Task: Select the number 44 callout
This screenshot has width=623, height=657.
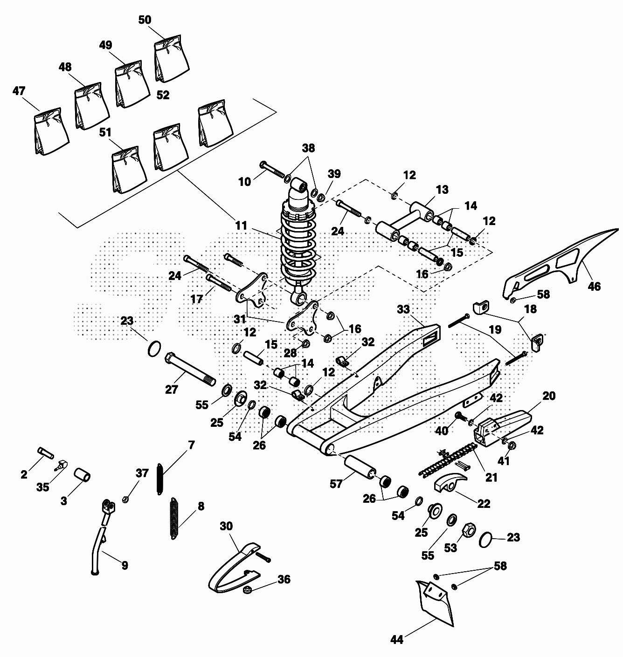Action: pyautogui.click(x=396, y=640)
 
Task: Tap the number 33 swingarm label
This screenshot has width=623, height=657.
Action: pyautogui.click(x=403, y=309)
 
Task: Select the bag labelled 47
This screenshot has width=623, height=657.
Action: pyautogui.click(x=50, y=133)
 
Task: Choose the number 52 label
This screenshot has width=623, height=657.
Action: pyautogui.click(x=163, y=95)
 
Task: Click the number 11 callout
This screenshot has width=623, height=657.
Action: pyautogui.click(x=241, y=226)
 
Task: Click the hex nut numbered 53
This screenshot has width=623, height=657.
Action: pyautogui.click(x=468, y=530)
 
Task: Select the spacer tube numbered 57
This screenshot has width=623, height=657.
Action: pyautogui.click(x=360, y=466)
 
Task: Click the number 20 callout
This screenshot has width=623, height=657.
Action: pyautogui.click(x=549, y=396)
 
